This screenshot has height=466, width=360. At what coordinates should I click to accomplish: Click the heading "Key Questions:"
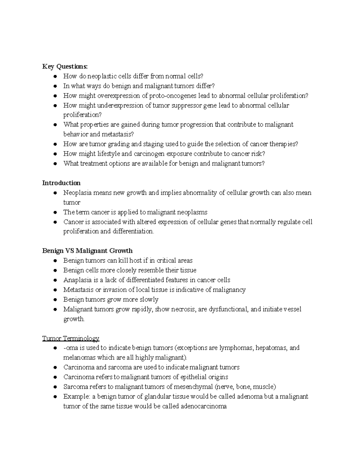point(65,67)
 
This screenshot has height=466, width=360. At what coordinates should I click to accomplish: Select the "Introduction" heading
point(61,183)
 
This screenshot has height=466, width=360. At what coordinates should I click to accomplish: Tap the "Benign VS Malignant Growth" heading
point(87,251)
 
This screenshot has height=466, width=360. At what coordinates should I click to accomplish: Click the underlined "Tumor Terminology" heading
point(70,338)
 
